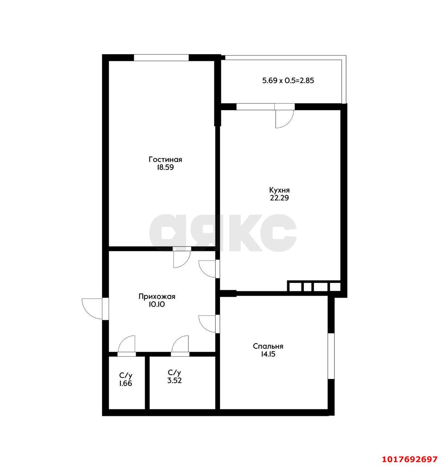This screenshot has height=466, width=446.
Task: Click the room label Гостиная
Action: [x=165, y=159]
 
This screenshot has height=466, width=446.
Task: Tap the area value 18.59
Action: [x=165, y=167]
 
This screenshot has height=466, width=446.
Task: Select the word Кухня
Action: [x=279, y=190]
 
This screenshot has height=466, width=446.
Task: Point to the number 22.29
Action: [x=279, y=198]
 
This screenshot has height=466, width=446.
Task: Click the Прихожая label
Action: [x=157, y=297]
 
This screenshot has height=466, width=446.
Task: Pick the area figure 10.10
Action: [x=157, y=305]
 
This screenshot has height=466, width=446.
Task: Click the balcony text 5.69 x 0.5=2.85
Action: [x=288, y=80]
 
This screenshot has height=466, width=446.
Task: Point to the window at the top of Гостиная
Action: [x=161, y=58]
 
